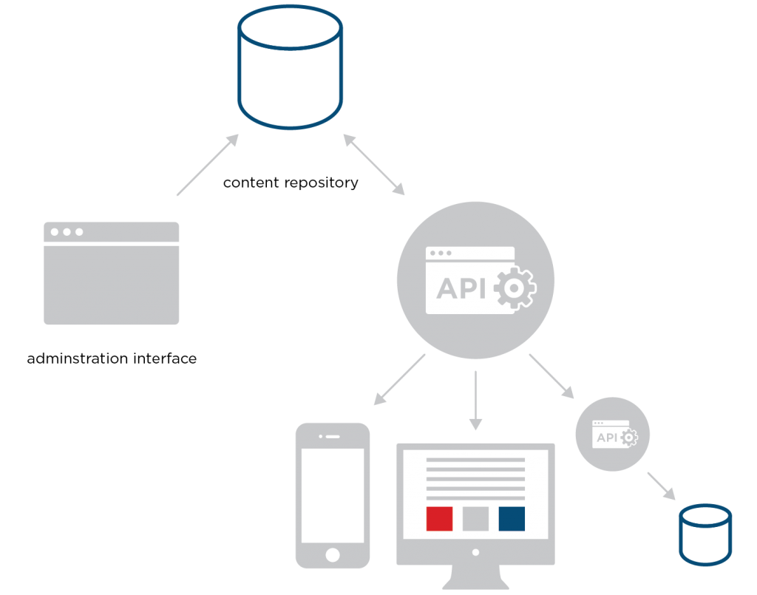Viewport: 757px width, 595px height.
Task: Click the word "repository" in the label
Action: pos(321,183)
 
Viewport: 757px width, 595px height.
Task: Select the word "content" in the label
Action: pos(251,183)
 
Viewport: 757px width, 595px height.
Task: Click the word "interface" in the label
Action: pos(165,358)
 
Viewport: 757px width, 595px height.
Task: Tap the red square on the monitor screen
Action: pos(439,519)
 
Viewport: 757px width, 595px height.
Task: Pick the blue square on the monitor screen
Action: pos(512,519)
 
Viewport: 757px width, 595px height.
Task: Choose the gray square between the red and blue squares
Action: pos(475,519)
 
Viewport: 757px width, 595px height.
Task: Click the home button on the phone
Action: pos(333,555)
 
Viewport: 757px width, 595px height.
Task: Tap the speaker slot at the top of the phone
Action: pos(333,437)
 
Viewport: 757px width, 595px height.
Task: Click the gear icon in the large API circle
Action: pos(515,288)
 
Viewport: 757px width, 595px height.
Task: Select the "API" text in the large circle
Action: pos(461,288)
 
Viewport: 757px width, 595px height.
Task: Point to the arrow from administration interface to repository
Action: pos(208,165)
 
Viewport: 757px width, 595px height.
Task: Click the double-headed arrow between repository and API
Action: pos(373,165)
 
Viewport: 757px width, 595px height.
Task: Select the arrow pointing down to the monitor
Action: pos(475,400)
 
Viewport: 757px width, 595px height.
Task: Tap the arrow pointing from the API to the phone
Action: pos(399,379)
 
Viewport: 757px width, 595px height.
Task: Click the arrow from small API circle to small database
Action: pos(661,486)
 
